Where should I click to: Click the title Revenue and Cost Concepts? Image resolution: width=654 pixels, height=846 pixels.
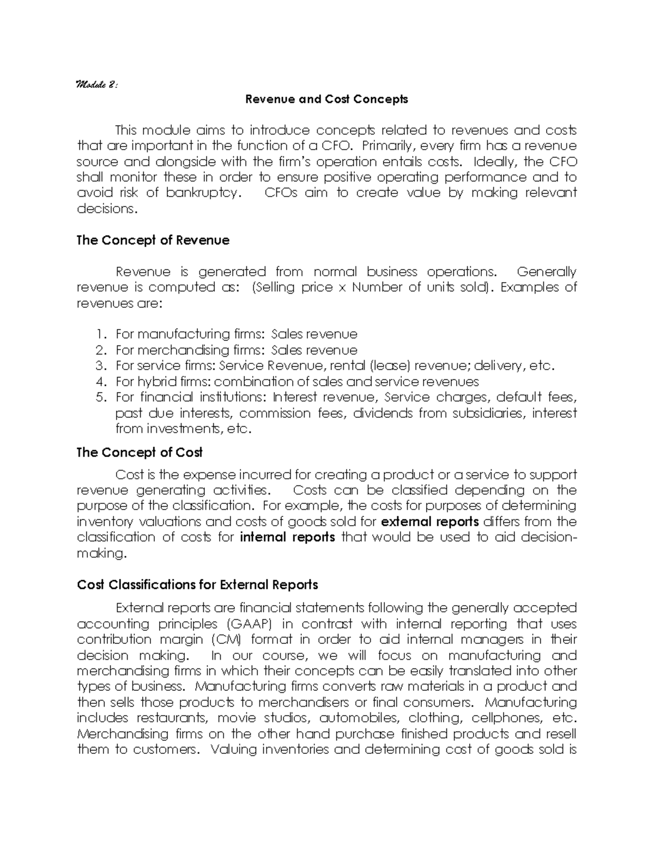tap(326, 99)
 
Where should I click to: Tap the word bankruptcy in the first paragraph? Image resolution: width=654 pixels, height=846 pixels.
tap(203, 193)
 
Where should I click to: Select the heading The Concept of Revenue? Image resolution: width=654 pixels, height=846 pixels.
tap(153, 240)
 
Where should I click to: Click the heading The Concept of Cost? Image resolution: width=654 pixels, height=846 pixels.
tap(140, 452)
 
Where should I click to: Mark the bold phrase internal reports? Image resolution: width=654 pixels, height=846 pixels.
tap(287, 538)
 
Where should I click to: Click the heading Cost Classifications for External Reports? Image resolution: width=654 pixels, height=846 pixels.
tap(197, 585)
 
